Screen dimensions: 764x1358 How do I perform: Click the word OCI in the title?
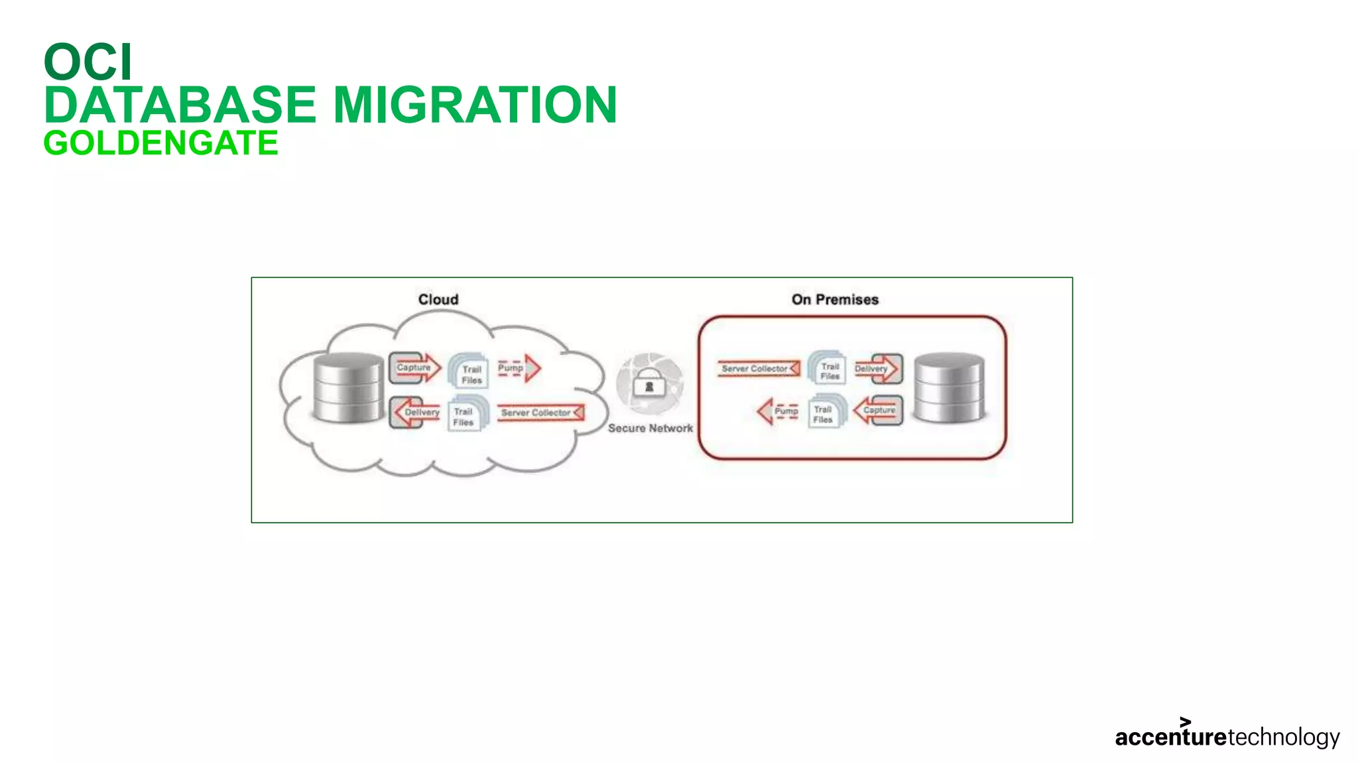click(x=88, y=62)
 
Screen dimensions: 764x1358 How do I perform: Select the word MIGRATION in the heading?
click(x=475, y=105)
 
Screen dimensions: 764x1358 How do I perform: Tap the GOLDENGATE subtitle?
click(x=161, y=143)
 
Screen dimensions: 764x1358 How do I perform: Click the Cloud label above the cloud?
click(x=438, y=299)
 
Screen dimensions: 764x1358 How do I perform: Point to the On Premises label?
click(x=835, y=299)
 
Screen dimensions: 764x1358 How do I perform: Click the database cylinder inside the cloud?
click(x=348, y=388)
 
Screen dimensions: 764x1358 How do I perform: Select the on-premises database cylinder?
click(x=949, y=388)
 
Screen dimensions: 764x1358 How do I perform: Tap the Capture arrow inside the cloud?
click(x=416, y=367)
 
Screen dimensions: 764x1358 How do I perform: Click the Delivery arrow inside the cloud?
click(x=416, y=412)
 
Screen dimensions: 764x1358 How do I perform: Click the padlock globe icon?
click(x=649, y=384)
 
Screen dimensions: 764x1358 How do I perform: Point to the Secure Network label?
click(x=650, y=428)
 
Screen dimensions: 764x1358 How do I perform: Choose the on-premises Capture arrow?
click(x=878, y=411)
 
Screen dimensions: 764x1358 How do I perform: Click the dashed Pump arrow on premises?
click(x=778, y=411)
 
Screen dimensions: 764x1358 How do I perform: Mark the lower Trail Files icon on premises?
click(x=824, y=413)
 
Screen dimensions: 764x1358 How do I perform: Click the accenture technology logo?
click(x=1227, y=735)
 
